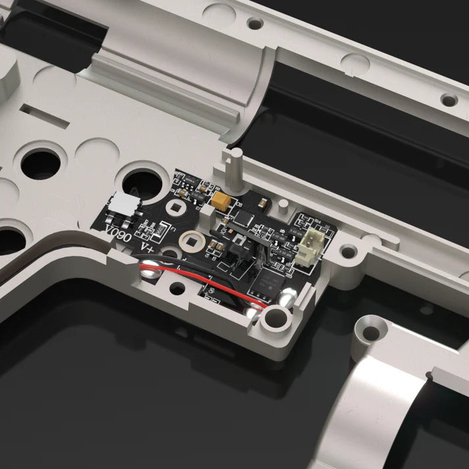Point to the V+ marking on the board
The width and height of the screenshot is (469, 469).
149,246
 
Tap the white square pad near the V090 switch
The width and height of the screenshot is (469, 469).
177,209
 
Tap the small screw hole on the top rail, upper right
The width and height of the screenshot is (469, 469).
449,101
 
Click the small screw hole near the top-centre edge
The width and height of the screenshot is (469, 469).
255,23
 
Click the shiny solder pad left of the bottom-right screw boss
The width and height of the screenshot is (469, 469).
253,313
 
